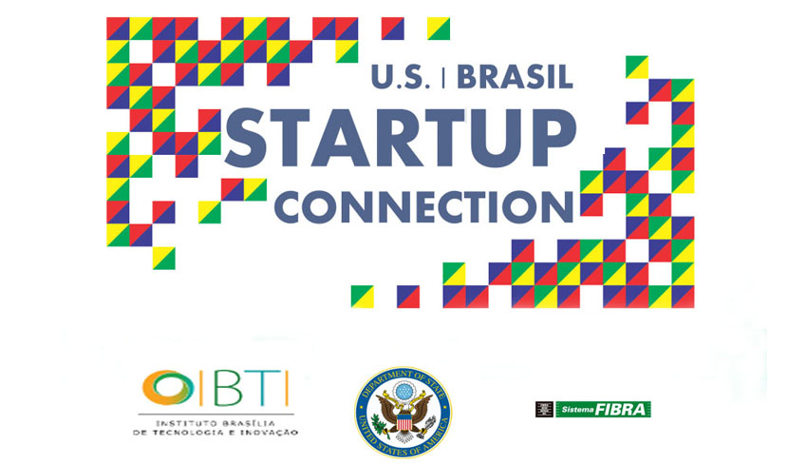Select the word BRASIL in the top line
tap(516, 77)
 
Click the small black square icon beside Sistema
tap(544, 410)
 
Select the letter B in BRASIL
tap(467, 77)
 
